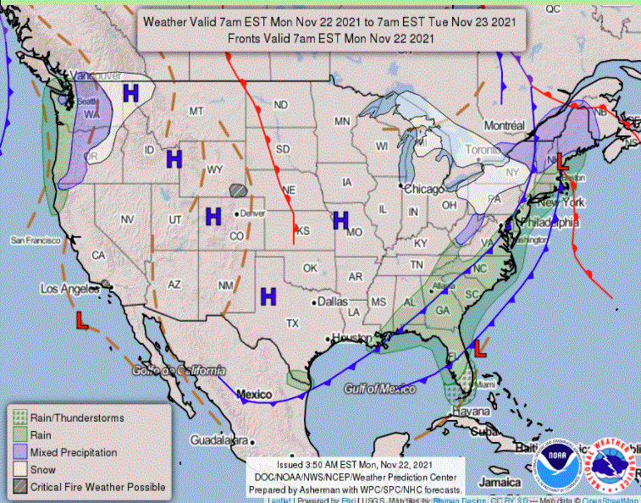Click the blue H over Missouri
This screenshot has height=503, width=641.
[340, 220]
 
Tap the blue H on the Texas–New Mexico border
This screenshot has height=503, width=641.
[268, 296]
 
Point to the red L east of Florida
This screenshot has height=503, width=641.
[479, 346]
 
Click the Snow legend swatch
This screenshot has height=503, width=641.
[18, 469]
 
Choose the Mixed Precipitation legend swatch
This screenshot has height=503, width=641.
[18, 452]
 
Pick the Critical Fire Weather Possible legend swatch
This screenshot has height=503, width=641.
[18, 487]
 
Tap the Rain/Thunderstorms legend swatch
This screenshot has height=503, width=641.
[18, 417]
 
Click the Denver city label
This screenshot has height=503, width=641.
[251, 213]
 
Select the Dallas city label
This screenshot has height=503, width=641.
[330, 301]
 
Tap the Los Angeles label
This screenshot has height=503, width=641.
[70, 289]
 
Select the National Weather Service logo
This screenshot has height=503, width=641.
[612, 465]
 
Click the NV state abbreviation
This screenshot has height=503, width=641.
[128, 219]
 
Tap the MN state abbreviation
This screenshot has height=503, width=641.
[341, 122]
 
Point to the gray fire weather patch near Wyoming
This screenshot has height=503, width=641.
[239, 192]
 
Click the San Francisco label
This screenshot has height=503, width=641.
[36, 240]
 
